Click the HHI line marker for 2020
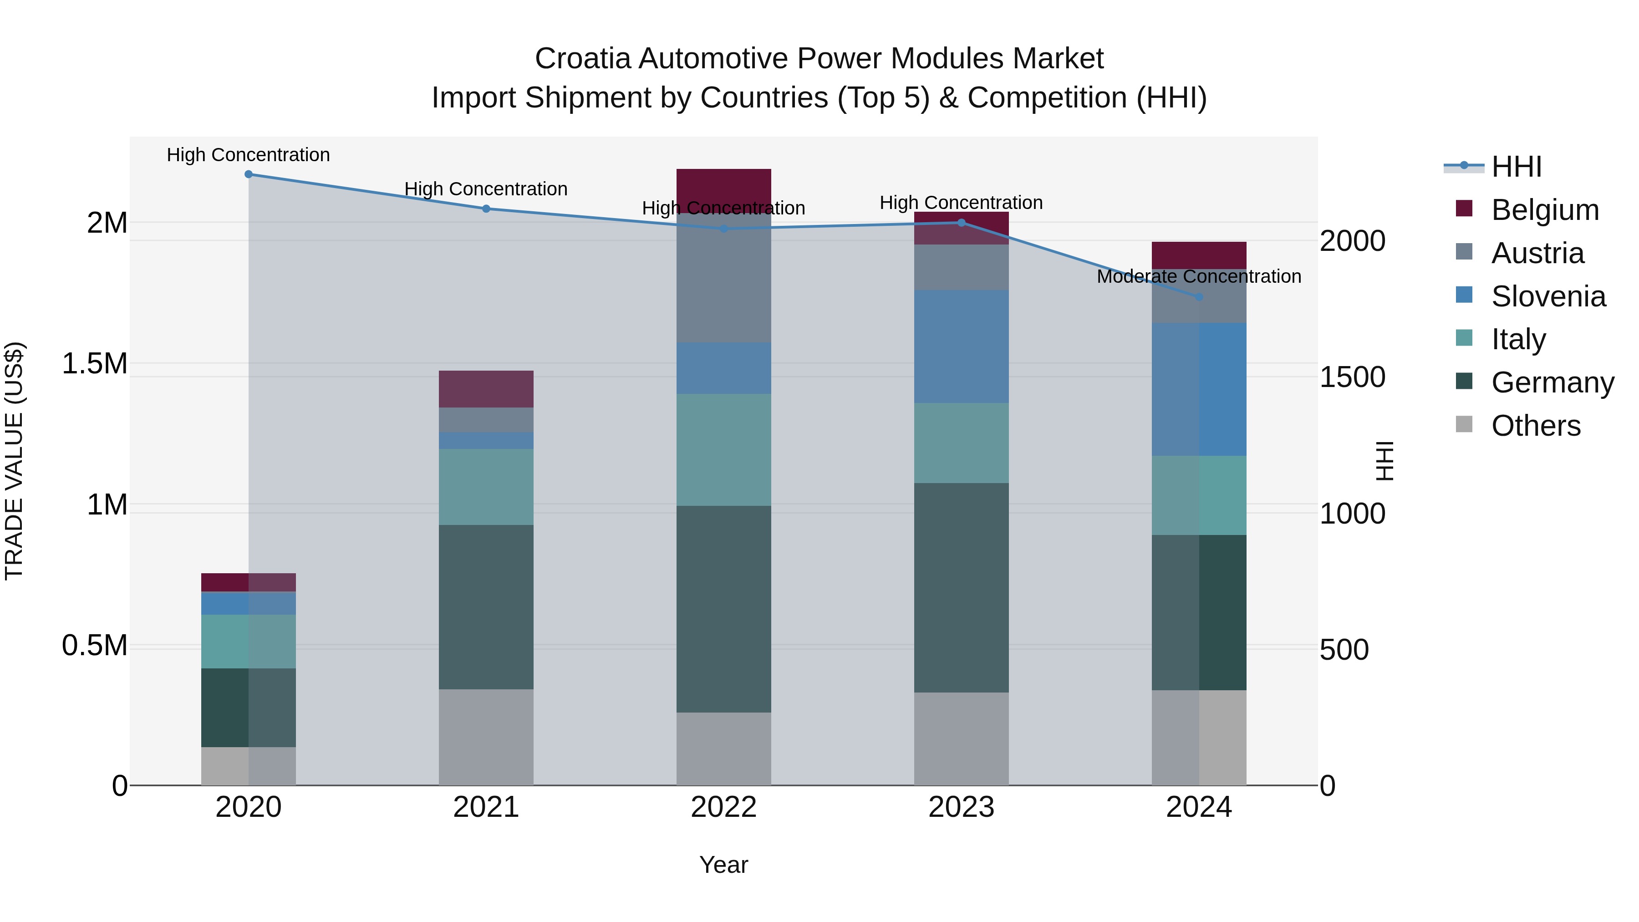click(249, 174)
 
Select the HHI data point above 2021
click(486, 209)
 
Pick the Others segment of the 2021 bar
click(486, 737)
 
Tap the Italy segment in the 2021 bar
click(486, 487)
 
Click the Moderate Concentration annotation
click(1199, 277)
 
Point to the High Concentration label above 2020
click(248, 155)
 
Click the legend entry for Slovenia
click(1547, 296)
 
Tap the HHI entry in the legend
click(1516, 167)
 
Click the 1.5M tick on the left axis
click(94, 364)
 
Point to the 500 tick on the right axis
click(1344, 650)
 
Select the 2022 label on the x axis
click(723, 807)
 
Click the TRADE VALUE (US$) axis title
click(14, 461)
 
